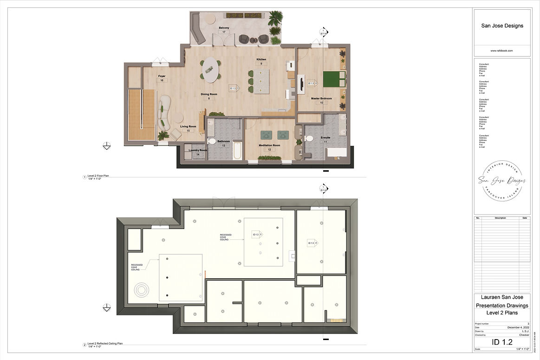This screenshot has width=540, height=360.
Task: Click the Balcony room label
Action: [x=224, y=28]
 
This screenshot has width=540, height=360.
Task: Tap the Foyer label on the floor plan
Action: [x=162, y=76]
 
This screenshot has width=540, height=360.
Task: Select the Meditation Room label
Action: [x=269, y=145]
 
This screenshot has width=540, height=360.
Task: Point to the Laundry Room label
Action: [x=197, y=150]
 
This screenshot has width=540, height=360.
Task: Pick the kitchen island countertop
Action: [x=261, y=82]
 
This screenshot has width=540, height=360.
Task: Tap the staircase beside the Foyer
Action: [x=141, y=114]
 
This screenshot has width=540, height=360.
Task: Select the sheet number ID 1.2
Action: [x=502, y=342]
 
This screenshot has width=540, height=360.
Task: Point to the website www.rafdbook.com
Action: [x=502, y=51]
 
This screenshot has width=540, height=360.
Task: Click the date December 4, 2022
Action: [x=518, y=327]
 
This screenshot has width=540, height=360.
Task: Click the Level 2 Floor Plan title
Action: [x=98, y=176]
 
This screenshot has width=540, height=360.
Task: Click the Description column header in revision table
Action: [x=500, y=217]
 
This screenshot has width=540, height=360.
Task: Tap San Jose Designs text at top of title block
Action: [x=502, y=26]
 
